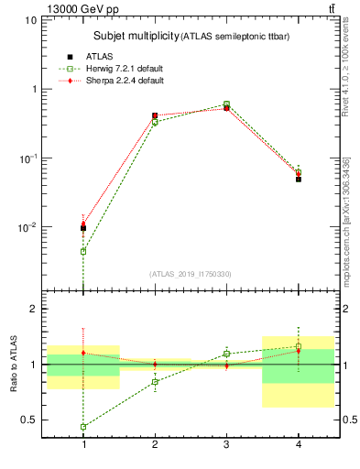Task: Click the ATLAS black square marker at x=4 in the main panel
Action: tap(298, 179)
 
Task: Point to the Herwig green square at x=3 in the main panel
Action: tap(226, 104)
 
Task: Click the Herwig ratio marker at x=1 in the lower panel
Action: tap(83, 427)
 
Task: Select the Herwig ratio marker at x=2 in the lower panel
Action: tap(155, 382)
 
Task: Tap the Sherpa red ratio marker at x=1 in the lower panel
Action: tap(83, 353)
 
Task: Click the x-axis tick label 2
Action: tap(155, 444)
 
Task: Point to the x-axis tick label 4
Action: tap(298, 444)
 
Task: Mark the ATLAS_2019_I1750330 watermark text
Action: tap(191, 274)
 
